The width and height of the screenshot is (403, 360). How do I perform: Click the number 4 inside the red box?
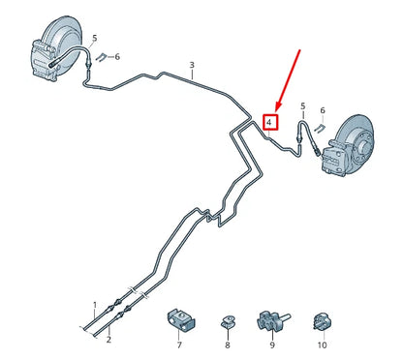271,123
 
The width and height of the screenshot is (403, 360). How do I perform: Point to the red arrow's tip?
277,110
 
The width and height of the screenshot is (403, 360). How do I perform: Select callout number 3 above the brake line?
192,66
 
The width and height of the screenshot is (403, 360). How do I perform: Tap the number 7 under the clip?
179,344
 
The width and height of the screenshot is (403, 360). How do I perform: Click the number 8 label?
227,344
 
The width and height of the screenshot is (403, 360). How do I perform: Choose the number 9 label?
272,344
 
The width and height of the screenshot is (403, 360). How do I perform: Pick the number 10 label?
322,344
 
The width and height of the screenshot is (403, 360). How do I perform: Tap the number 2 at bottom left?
108,340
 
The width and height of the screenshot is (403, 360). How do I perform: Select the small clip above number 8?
227,318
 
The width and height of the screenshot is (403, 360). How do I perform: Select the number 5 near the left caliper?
95,38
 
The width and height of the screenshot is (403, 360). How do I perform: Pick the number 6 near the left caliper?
116,57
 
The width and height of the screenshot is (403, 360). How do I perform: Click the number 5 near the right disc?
302,105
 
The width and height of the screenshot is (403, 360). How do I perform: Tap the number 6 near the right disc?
323,111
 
